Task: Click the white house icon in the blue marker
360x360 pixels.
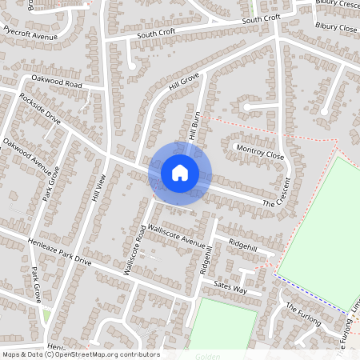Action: (x=180, y=172)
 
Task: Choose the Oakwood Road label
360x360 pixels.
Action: (x=57, y=82)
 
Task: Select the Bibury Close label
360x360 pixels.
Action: (x=336, y=27)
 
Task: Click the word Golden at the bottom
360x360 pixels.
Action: (x=206, y=355)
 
